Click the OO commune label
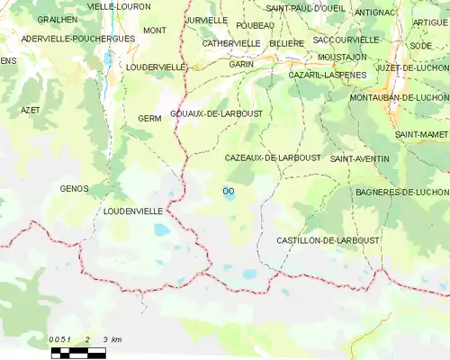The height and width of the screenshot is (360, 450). click(x=228, y=190)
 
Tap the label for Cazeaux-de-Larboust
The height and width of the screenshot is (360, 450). click(x=272, y=157)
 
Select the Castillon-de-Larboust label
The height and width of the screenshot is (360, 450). click(x=328, y=240)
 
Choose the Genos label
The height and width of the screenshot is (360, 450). click(x=74, y=188)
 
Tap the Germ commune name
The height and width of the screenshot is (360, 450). click(x=149, y=119)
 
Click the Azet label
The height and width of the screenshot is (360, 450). click(x=30, y=110)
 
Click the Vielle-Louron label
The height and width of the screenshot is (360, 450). click(x=119, y=6)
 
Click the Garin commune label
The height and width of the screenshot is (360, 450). click(x=241, y=65)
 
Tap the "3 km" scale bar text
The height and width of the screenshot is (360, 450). click(x=112, y=339)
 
